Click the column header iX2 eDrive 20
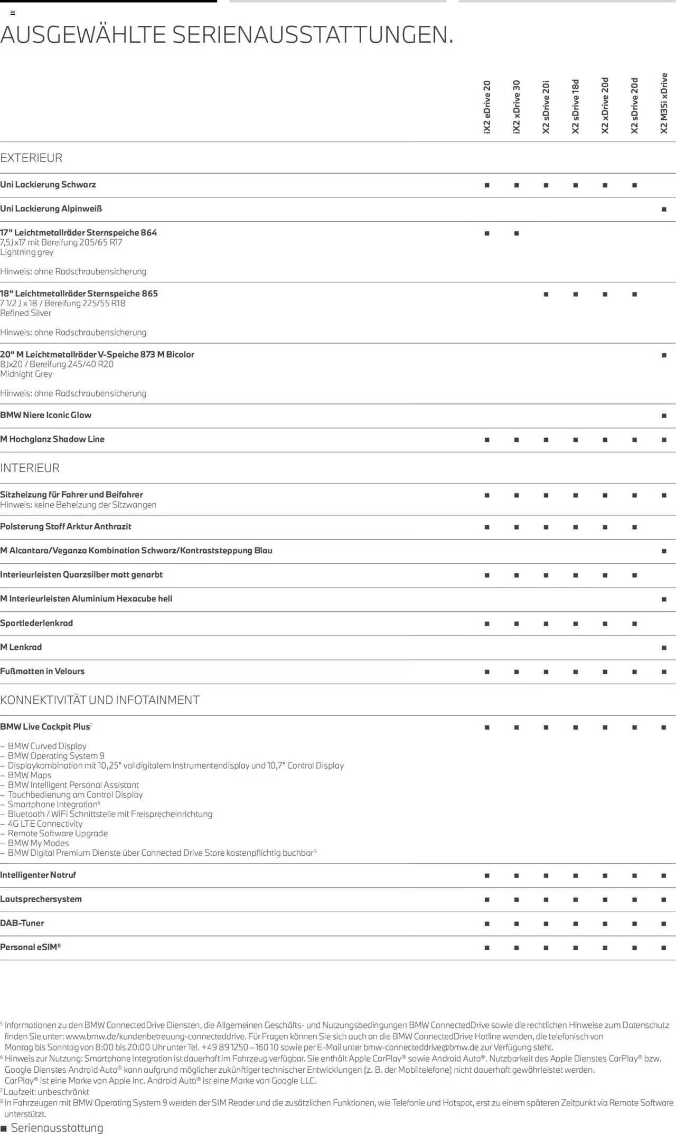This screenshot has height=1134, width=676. (x=487, y=107)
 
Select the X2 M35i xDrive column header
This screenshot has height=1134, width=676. (x=664, y=103)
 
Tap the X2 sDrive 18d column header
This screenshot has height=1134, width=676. (x=576, y=106)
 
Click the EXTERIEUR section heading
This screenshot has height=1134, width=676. (x=31, y=158)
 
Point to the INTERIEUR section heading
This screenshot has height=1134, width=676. (x=30, y=468)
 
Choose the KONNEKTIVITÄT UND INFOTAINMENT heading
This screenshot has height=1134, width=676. (x=100, y=700)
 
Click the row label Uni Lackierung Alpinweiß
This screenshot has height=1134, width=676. (x=51, y=209)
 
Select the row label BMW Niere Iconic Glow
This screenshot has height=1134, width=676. (x=46, y=415)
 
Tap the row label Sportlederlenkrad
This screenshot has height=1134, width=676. (x=36, y=623)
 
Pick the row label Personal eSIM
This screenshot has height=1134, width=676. (x=30, y=947)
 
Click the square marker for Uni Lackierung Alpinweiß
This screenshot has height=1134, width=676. (x=664, y=210)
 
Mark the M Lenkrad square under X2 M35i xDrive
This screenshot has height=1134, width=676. (x=664, y=648)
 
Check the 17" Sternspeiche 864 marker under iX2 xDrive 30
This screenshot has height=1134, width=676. (x=517, y=233)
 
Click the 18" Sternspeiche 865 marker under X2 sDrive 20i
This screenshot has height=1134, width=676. (x=546, y=294)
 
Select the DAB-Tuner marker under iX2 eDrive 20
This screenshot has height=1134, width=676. (x=487, y=924)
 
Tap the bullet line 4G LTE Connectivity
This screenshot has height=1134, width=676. (x=45, y=824)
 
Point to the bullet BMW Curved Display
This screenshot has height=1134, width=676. (x=47, y=746)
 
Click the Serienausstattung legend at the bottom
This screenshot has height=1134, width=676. (x=57, y=1128)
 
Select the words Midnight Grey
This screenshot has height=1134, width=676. (x=26, y=374)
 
